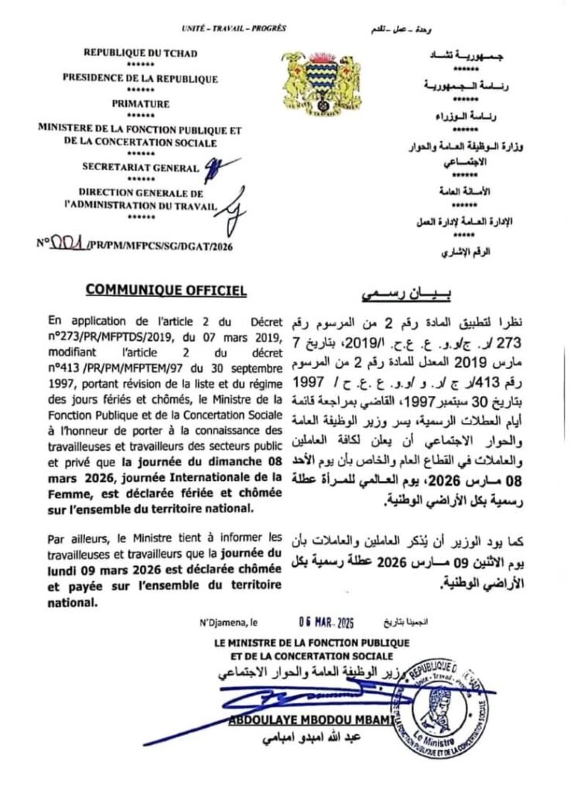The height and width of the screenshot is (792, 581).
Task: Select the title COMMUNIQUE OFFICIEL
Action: pos(166,290)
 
